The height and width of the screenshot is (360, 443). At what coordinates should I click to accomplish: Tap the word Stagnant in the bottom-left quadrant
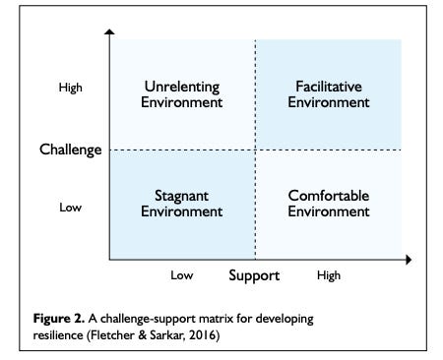181,196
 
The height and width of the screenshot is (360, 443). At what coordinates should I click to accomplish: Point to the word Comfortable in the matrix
329,196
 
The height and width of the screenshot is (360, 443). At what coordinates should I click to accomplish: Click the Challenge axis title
71,150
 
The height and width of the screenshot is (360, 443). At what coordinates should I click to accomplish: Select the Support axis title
254,275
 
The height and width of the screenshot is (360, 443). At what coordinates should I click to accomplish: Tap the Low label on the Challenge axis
71,208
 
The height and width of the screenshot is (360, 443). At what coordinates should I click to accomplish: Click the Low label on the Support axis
181,276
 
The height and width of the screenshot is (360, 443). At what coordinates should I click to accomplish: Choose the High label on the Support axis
329,276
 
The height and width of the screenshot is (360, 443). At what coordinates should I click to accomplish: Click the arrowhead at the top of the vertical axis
108,34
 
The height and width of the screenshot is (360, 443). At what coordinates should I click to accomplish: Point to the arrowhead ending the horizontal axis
408,260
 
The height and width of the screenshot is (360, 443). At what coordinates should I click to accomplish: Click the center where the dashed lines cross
255,150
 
